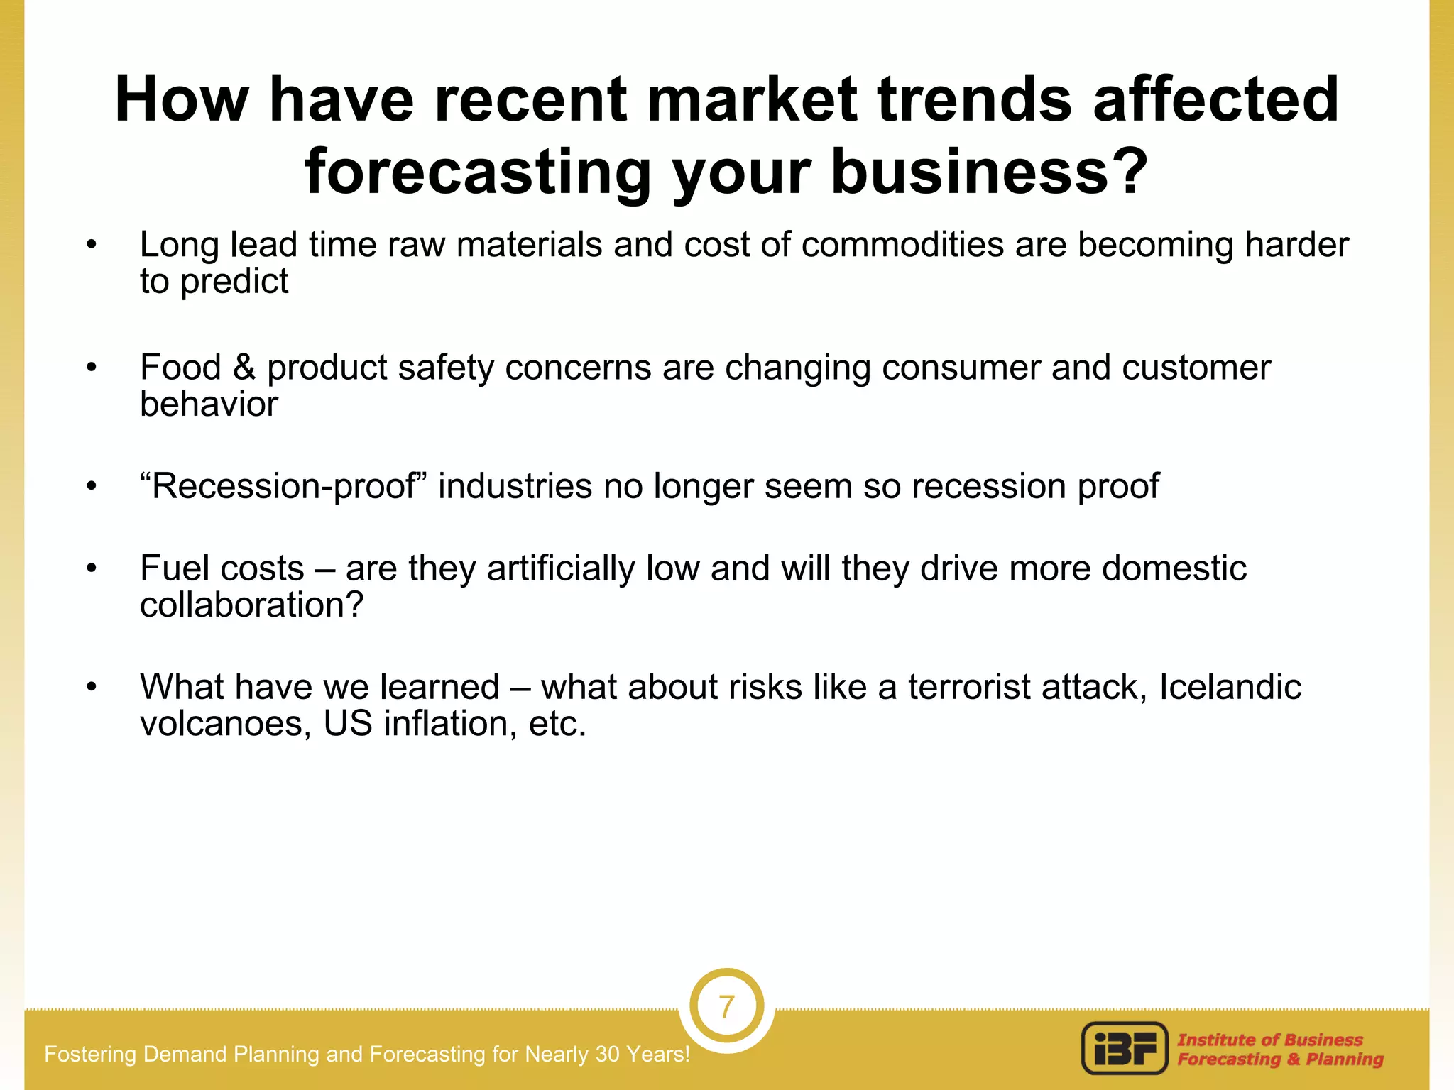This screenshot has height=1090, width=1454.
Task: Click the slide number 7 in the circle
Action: [x=726, y=1007]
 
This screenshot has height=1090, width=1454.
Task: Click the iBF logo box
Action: [x=1125, y=1048]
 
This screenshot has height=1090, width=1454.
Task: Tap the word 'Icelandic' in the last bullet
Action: [x=1230, y=687]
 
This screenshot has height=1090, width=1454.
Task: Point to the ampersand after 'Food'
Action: [x=244, y=368]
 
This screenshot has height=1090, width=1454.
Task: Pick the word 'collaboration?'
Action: [x=251, y=605]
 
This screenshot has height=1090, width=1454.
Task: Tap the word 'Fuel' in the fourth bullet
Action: [x=175, y=568]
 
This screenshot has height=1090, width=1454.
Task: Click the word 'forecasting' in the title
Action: [x=477, y=172]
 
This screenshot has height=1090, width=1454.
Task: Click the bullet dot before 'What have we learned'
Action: [x=91, y=688]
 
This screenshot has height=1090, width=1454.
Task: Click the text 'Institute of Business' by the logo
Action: [x=1269, y=1040]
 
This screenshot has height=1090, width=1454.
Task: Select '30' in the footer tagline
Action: [x=608, y=1055]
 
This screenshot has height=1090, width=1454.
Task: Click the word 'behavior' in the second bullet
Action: [x=209, y=404]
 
